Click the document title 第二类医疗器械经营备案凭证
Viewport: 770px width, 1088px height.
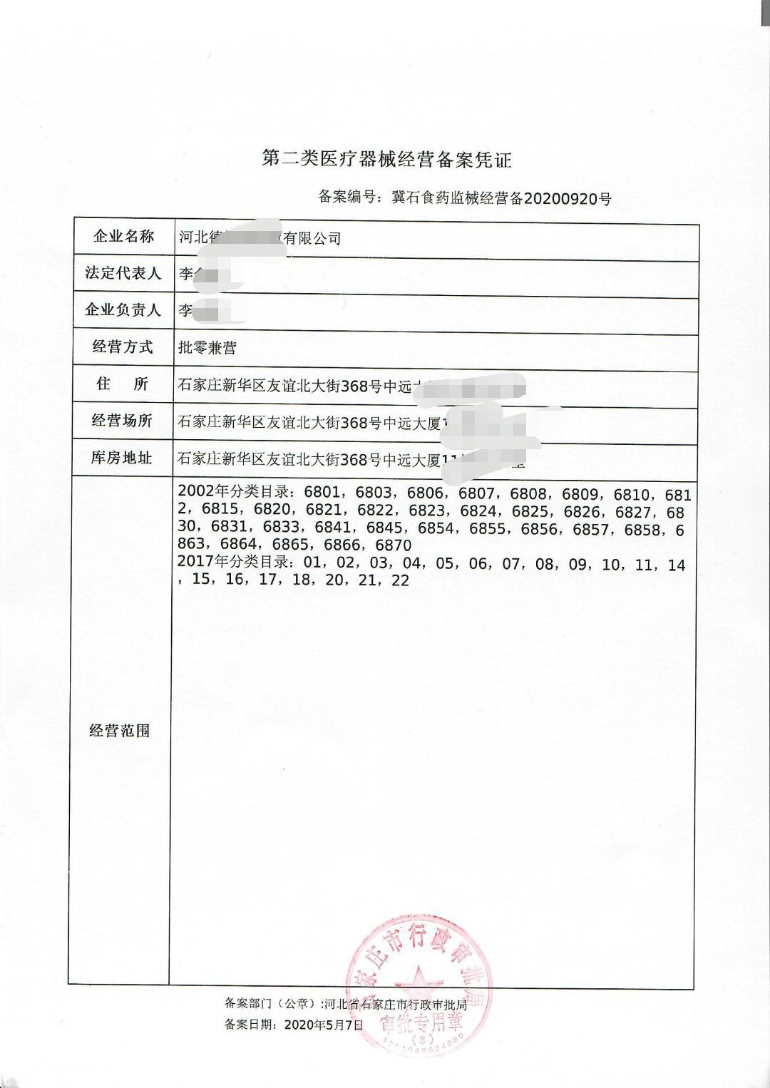click(386, 159)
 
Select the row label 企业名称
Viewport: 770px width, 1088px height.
click(123, 237)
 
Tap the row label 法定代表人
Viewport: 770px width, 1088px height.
click(123, 273)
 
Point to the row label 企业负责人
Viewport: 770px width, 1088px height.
click(123, 310)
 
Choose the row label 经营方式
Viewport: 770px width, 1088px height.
click(123, 347)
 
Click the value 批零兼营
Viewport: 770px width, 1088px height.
click(207, 348)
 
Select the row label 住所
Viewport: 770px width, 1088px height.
click(123, 384)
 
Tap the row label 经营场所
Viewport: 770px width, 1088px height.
click(123, 421)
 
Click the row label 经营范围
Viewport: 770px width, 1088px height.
click(120, 730)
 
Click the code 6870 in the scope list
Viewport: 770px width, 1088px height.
click(393, 545)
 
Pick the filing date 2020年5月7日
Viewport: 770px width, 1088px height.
click(324, 1025)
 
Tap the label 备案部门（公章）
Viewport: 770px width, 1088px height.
click(270, 1004)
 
